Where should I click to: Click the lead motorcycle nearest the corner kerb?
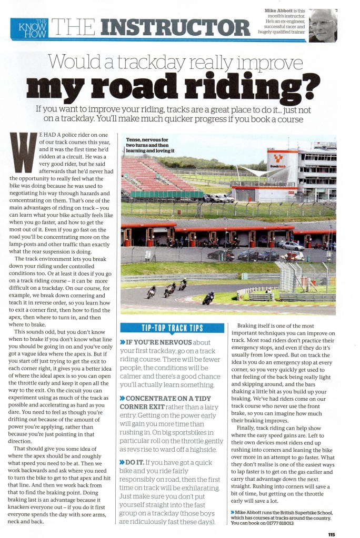pos(208,298)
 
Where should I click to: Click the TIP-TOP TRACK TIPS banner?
pos(172,329)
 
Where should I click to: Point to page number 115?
pos(331,534)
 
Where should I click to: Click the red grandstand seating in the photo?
pos(153,177)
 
